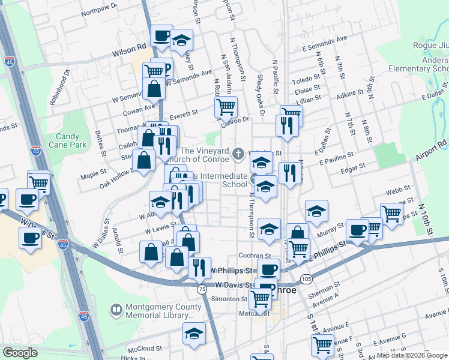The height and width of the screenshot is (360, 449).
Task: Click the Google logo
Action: pos(20,353)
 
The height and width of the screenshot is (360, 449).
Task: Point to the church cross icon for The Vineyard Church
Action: pos(238,154)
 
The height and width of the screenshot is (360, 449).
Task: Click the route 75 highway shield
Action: pos(202,289)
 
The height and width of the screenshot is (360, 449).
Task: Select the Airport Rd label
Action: pos(431,149)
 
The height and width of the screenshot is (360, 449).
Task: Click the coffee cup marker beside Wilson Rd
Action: pos(161,36)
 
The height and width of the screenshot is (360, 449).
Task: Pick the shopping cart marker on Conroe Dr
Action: pos(226,107)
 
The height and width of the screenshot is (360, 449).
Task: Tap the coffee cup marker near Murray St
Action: pos(358,230)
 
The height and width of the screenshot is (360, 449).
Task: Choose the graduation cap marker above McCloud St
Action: pos(194,334)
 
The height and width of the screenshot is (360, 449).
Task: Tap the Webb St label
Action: pos(394,191)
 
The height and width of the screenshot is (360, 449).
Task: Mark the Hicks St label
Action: pos(128,356)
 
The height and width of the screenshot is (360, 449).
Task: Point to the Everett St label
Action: pos(184,113)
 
